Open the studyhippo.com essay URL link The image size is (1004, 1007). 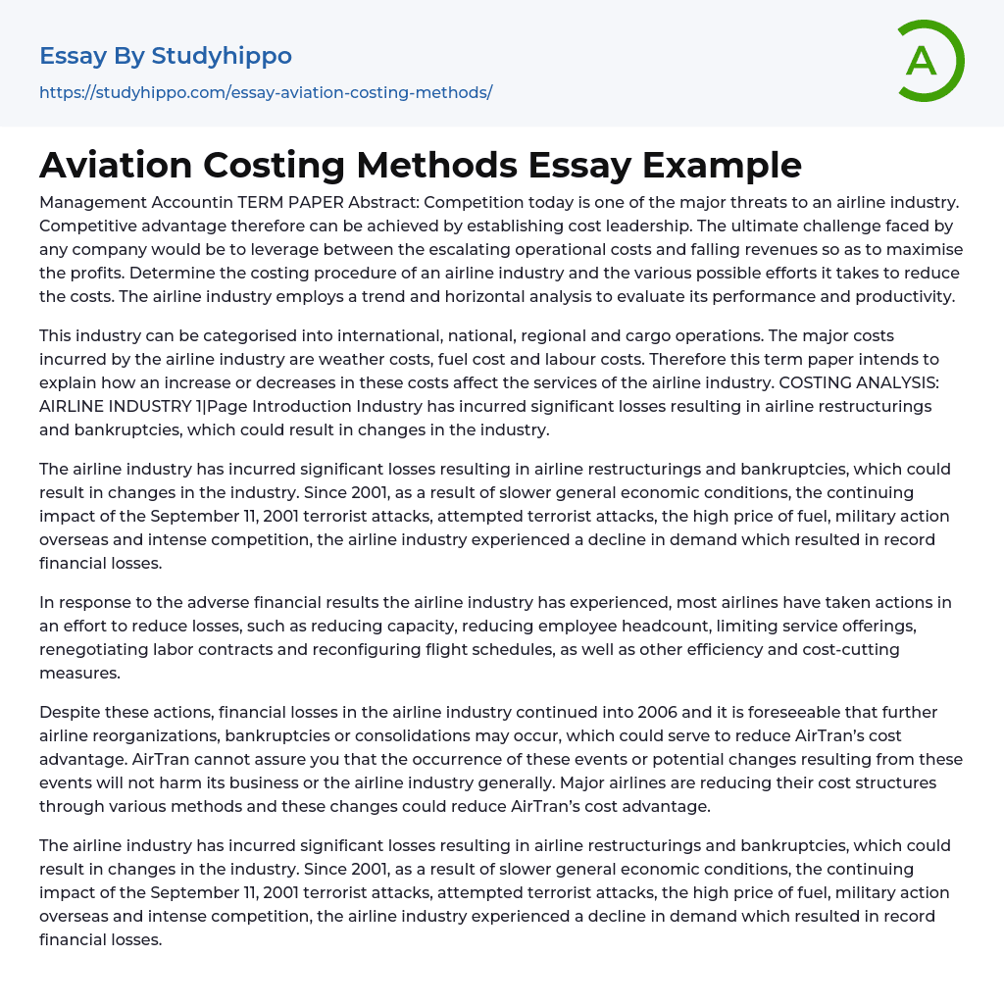tap(266, 93)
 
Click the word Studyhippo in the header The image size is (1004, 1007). tap(222, 56)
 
